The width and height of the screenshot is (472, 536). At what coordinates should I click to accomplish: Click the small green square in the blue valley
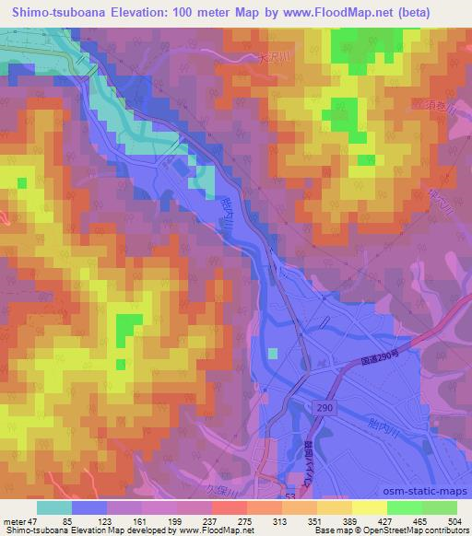tap(272, 352)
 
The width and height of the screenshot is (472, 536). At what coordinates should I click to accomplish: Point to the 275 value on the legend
tap(245, 520)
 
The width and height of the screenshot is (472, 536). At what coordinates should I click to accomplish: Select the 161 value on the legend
tap(141, 520)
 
